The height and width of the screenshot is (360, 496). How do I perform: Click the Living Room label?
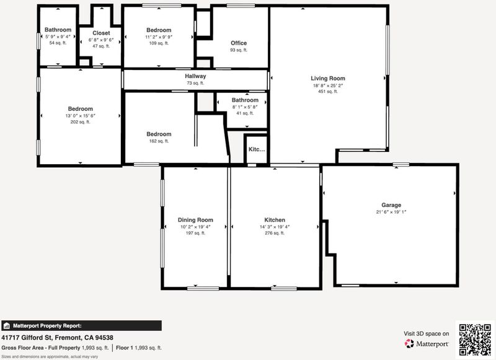[x=328, y=79]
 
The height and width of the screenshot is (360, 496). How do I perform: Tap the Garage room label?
[x=391, y=205]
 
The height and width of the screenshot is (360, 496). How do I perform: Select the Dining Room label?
[x=195, y=220]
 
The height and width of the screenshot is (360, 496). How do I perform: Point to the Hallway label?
[x=195, y=76]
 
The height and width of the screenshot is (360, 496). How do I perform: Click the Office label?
[x=239, y=43]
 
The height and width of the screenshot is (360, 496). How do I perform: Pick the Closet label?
[x=101, y=33]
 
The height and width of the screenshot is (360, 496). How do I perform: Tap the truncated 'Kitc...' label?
[x=257, y=149]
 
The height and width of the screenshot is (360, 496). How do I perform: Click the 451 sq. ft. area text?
[x=328, y=92]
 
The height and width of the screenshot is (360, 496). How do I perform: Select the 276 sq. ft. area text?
[x=275, y=233]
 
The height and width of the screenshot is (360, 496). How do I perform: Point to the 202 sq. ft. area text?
[x=81, y=122]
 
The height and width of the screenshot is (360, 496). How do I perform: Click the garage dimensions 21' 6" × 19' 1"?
[x=391, y=212]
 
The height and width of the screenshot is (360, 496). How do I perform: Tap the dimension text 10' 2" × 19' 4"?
[x=195, y=227]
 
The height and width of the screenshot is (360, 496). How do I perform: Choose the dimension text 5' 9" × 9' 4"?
[x=58, y=37]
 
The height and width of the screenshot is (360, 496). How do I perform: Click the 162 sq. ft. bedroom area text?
[x=159, y=141]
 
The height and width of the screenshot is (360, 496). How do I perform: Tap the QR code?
[x=475, y=340]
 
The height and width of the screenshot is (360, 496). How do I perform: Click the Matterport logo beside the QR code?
[x=427, y=343]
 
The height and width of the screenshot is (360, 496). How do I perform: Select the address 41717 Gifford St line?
[x=57, y=338]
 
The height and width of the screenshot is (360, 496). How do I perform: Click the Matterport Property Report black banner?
[x=81, y=326]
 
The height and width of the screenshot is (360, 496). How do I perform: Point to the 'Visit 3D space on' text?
[x=426, y=334]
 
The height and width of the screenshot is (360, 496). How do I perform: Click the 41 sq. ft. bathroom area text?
[x=245, y=113]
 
